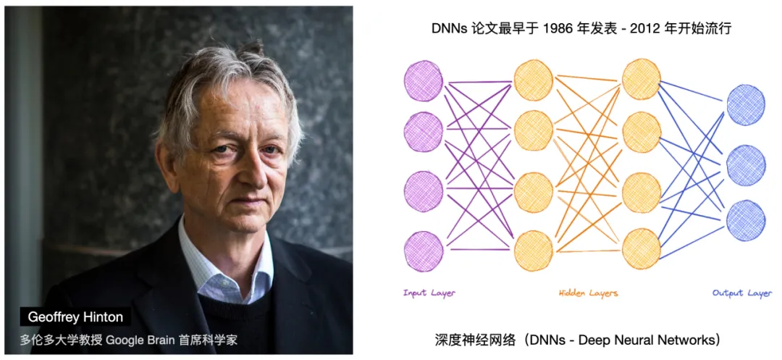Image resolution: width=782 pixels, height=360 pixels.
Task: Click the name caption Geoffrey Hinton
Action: (75, 317)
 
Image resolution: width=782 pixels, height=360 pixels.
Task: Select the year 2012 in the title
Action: (644, 29)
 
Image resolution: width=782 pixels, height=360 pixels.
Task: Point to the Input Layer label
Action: (429, 293)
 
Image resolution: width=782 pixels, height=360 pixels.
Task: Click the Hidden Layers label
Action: (588, 293)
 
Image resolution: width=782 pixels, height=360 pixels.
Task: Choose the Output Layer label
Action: (742, 293)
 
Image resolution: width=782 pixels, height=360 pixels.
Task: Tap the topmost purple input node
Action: (424, 80)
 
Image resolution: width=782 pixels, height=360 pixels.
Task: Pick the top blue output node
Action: (746, 105)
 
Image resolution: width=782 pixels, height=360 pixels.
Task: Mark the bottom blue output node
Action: (746, 220)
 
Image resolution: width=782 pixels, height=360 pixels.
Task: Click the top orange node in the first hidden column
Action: (533, 80)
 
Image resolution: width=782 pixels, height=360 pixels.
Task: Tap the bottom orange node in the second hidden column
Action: (642, 248)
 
